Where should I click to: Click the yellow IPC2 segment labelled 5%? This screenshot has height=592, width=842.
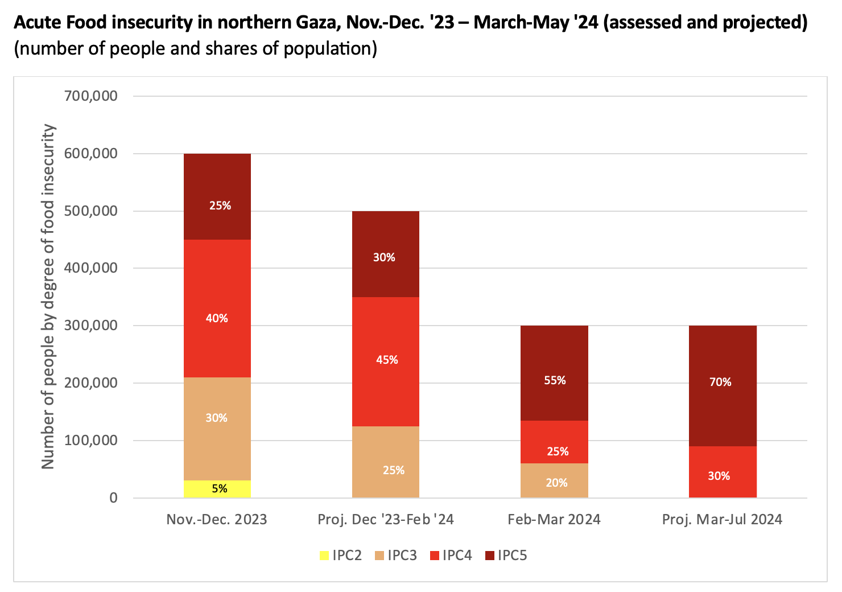[x=217, y=488]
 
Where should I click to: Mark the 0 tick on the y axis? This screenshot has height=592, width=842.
[x=113, y=498]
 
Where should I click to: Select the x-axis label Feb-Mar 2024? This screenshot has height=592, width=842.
[x=554, y=519]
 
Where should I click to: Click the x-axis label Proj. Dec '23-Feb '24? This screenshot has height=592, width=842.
[x=386, y=519]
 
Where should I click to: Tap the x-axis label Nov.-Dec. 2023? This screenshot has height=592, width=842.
[x=217, y=519]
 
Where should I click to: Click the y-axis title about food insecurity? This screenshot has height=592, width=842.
[x=48, y=296]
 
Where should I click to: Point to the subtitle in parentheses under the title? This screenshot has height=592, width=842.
[x=196, y=48]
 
